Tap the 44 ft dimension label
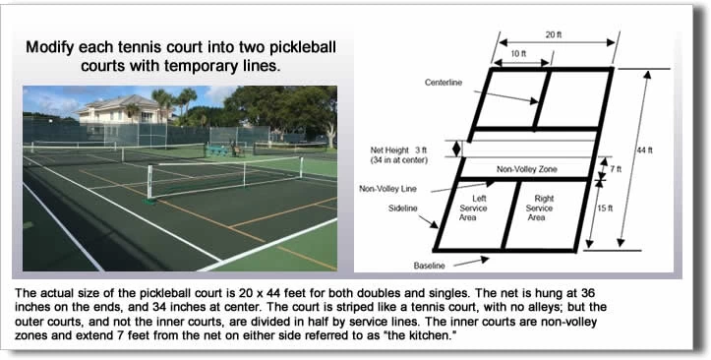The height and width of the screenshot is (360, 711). point(644,150)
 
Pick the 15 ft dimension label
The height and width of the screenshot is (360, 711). point(610,209)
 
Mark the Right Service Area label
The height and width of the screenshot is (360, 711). point(539,208)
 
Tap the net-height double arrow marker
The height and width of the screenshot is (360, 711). point(455,149)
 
